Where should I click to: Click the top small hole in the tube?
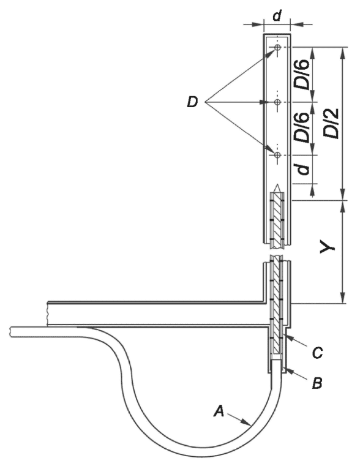click(x=277, y=47)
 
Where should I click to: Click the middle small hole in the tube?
click(x=277, y=102)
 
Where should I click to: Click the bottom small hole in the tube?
click(x=277, y=155)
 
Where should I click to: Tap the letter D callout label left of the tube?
click(x=192, y=102)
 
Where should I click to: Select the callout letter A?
click(x=219, y=411)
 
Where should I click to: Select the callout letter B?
click(x=317, y=383)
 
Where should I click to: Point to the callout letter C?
click(x=317, y=353)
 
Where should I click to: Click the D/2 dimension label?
click(x=331, y=123)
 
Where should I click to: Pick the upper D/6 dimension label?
click(x=302, y=75)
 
